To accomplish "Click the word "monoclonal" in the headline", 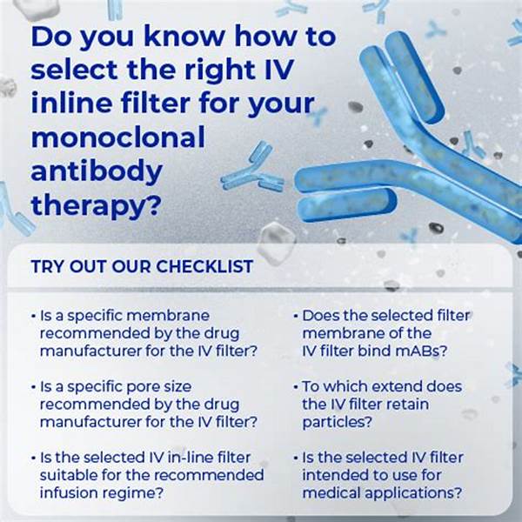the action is coord(117,137).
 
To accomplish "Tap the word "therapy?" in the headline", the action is coord(97,206).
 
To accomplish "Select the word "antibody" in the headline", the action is coord(97,171).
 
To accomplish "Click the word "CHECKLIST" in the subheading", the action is coord(204,266).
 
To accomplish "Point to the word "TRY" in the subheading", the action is coord(47,266).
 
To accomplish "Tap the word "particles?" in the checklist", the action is coord(337,423).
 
